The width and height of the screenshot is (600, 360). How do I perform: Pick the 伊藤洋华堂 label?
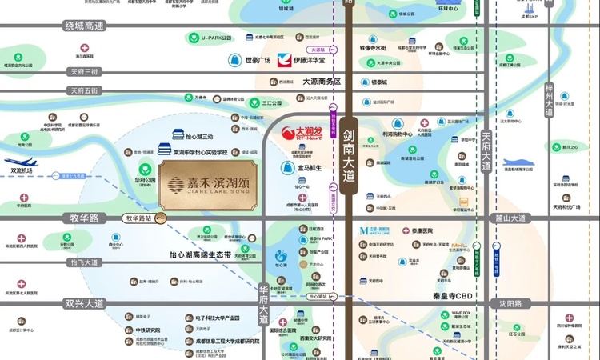pyautogui.click(x=311, y=60)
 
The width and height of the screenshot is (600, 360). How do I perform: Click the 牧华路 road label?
pyautogui.click(x=82, y=218)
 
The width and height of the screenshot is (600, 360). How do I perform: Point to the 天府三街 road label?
pyautogui.click(x=84, y=72)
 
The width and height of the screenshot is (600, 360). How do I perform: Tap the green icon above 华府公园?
pyautogui.click(x=144, y=169)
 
